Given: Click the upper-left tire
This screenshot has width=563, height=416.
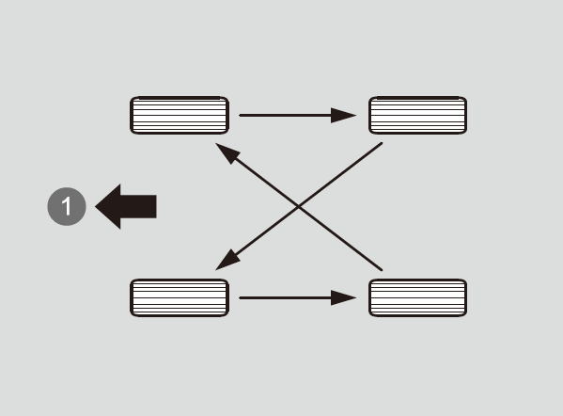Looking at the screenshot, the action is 180,115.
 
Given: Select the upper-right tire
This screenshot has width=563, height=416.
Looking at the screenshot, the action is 418,115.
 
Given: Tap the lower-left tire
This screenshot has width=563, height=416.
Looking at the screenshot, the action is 180,297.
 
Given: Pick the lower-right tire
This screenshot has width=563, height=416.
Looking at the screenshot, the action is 418,297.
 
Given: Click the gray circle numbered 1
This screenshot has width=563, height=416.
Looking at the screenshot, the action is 67,206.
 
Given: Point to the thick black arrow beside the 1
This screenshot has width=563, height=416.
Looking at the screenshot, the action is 126,206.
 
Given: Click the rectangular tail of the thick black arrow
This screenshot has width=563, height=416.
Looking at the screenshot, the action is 138,206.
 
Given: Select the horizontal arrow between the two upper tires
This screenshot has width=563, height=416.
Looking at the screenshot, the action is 298,115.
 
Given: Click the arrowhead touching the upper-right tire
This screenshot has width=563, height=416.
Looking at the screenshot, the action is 342,115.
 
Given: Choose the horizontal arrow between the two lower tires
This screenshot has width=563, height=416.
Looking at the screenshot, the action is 298,297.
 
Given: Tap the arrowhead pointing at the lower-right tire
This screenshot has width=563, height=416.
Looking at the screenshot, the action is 342,297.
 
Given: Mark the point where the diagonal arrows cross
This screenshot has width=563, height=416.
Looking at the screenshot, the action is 299,206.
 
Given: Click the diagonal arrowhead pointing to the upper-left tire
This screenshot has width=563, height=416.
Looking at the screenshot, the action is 227,152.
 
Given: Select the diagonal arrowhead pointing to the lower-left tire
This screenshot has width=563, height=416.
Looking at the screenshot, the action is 227,262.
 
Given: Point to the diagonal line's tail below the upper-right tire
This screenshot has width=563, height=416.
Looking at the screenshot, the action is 382,143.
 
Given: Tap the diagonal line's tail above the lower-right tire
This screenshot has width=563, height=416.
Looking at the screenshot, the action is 382,270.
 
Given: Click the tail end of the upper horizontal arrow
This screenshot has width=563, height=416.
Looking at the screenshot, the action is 241,115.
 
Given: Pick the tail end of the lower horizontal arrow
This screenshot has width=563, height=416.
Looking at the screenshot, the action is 241,297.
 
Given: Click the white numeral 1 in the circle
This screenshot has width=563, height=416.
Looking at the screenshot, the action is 67,206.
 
